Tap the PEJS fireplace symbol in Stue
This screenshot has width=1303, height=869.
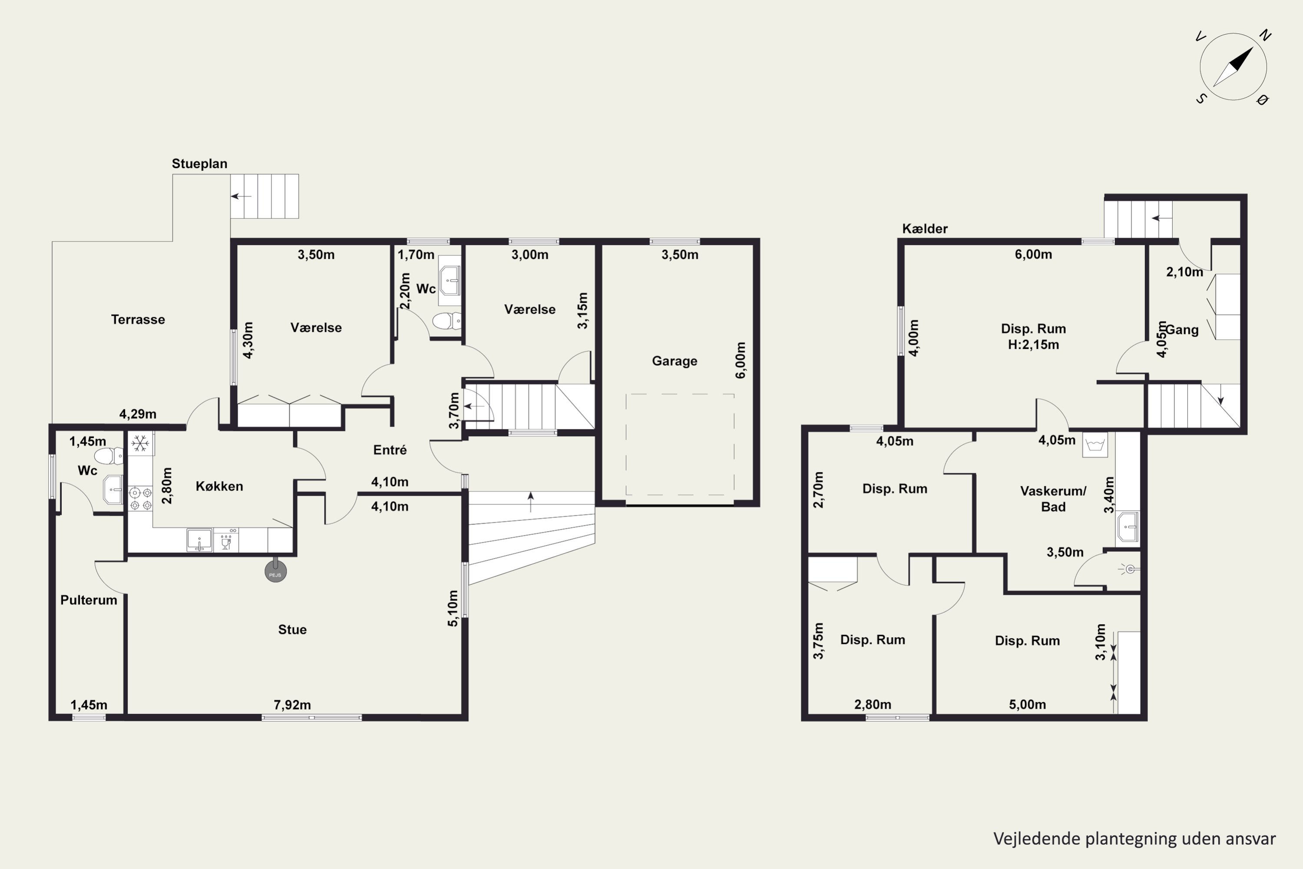275,571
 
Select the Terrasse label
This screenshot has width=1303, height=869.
138,320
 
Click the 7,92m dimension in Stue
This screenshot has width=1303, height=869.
292,705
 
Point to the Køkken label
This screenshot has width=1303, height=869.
219,486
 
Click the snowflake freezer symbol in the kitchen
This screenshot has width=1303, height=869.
140,443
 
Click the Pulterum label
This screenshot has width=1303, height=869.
89,600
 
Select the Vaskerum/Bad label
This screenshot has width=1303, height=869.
1053,499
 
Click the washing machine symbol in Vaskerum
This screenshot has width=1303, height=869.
1095,445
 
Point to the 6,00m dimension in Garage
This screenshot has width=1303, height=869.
741,360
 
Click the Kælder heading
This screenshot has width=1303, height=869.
925,229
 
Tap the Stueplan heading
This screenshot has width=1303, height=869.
199,163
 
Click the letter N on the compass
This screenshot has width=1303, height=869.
1265,36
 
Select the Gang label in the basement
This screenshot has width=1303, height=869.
1182,330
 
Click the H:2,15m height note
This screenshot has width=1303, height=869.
1033,345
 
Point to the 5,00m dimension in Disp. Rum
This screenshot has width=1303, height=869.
1027,704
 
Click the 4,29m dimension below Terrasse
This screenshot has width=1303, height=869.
138,414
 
